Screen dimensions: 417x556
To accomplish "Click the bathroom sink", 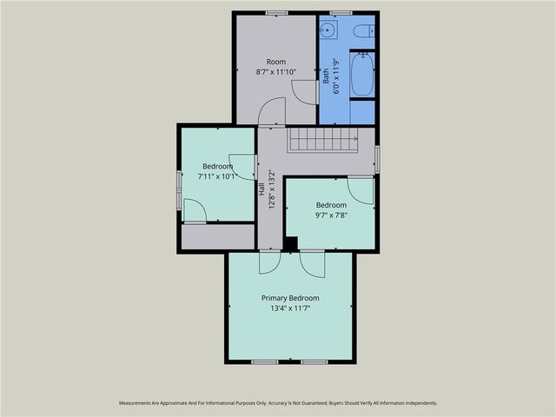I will (329, 31).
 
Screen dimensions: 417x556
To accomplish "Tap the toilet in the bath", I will (367, 31).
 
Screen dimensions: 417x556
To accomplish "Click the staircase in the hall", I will (323, 138).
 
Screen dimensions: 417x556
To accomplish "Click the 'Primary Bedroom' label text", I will (290, 298).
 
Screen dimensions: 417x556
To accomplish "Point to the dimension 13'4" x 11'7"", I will (290, 308).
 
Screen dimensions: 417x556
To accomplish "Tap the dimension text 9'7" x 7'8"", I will (330, 216).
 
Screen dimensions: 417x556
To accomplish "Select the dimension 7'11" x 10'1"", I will (218, 176).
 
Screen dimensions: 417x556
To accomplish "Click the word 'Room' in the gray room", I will (276, 62).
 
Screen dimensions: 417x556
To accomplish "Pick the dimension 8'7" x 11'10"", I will (276, 72).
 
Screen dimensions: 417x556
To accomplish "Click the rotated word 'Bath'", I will (327, 76).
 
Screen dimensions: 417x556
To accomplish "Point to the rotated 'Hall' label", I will (262, 188).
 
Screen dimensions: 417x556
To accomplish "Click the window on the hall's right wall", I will (376, 157).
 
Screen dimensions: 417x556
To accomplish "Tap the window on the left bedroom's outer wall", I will (179, 189).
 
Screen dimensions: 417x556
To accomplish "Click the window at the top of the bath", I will (341, 12).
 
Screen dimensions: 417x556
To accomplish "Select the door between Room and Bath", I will (307, 90).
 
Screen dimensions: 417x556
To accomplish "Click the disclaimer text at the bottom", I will (278, 403).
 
